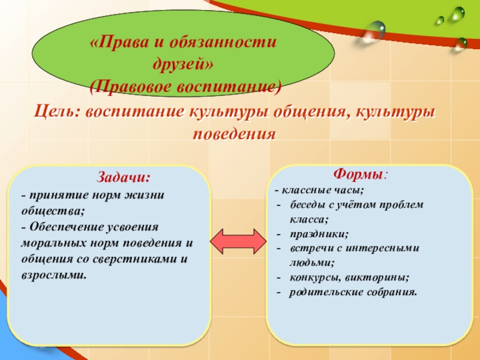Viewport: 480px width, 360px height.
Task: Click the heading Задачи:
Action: [124, 178]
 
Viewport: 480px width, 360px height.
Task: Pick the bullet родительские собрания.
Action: [353, 292]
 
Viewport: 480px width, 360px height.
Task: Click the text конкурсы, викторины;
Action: [349, 278]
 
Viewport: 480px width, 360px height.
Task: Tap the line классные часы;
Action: [322, 190]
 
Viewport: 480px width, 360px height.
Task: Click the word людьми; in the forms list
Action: [311, 263]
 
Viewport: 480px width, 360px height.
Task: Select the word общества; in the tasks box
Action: [52, 211]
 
